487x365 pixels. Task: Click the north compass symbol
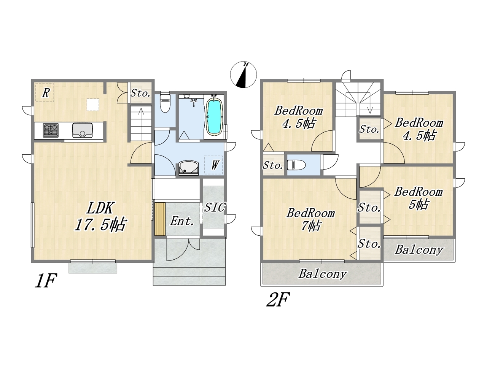[243, 75]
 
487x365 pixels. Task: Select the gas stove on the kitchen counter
[51, 130]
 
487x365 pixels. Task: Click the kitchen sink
[82, 130]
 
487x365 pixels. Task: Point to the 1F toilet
[165, 102]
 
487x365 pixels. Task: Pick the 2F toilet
[296, 165]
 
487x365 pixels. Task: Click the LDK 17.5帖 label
[100, 216]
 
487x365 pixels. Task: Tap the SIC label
[215, 207]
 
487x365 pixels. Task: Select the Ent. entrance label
[182, 221]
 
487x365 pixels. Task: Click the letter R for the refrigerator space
[46, 93]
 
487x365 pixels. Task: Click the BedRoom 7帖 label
[310, 220]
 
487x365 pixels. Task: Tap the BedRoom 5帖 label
[418, 198]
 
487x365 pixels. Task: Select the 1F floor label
[46, 280]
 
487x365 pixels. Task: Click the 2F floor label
[278, 299]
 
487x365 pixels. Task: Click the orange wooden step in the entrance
[160, 219]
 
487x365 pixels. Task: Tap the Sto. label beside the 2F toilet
[273, 165]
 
